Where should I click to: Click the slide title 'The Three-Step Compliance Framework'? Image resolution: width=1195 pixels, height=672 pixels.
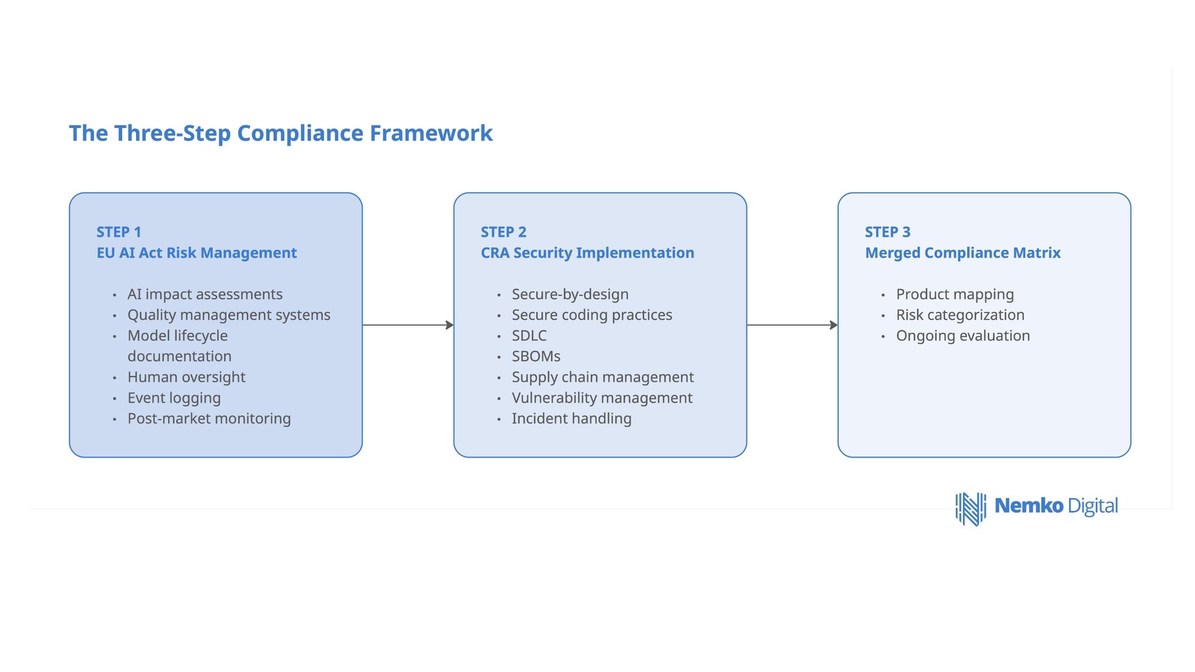[281, 133]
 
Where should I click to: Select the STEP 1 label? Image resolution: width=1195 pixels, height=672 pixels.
[118, 232]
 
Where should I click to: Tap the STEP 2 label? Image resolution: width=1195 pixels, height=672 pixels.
[503, 232]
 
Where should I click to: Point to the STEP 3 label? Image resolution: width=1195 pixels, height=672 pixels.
[888, 232]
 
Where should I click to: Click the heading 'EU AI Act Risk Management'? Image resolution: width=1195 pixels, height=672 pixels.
[196, 253]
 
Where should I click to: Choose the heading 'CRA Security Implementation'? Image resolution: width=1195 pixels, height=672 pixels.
[587, 253]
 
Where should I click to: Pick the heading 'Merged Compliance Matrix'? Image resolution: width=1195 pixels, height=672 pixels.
[962, 253]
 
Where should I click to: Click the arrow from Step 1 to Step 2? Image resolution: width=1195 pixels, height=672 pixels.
[408, 325]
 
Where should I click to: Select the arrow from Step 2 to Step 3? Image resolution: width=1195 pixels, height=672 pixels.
[792, 325]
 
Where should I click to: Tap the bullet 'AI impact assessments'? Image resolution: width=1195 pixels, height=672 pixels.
[205, 294]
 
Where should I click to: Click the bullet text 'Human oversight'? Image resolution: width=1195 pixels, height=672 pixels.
[186, 377]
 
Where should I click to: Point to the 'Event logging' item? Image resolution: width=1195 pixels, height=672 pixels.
[174, 398]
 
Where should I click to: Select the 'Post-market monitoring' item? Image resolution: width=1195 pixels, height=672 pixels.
[209, 419]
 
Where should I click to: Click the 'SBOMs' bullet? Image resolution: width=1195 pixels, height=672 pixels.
[536, 356]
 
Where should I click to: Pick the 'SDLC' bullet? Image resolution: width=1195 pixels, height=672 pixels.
[529, 335]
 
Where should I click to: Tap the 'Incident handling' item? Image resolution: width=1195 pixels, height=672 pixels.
[571, 419]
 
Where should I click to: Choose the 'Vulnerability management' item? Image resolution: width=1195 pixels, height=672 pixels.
[602, 398]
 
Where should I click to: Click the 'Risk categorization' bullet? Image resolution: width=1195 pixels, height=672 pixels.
[960, 315]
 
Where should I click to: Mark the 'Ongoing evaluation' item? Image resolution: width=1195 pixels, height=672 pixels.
[962, 336]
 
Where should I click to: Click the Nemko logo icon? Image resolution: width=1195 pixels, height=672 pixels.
[970, 509]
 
